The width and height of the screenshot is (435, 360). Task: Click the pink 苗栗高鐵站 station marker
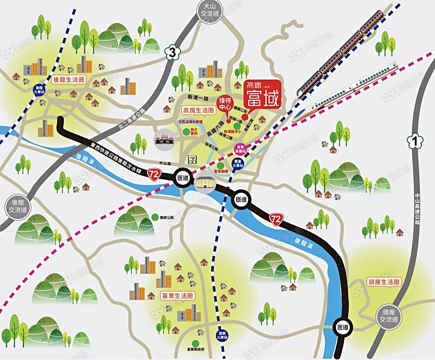click(240, 149)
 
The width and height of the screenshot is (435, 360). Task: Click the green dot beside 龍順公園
click(154, 217)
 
